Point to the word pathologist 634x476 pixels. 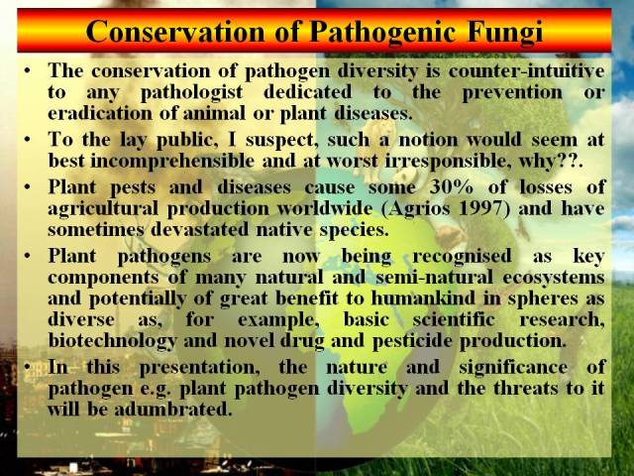click(191, 92)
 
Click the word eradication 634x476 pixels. click(100, 113)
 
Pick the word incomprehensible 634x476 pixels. click(172, 161)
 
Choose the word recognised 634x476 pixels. click(462, 257)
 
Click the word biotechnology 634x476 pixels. click(112, 341)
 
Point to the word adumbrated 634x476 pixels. click(173, 410)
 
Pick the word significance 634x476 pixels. click(513, 368)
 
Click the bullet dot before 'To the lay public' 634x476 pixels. click(27, 140)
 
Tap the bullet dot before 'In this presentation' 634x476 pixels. click(27, 367)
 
